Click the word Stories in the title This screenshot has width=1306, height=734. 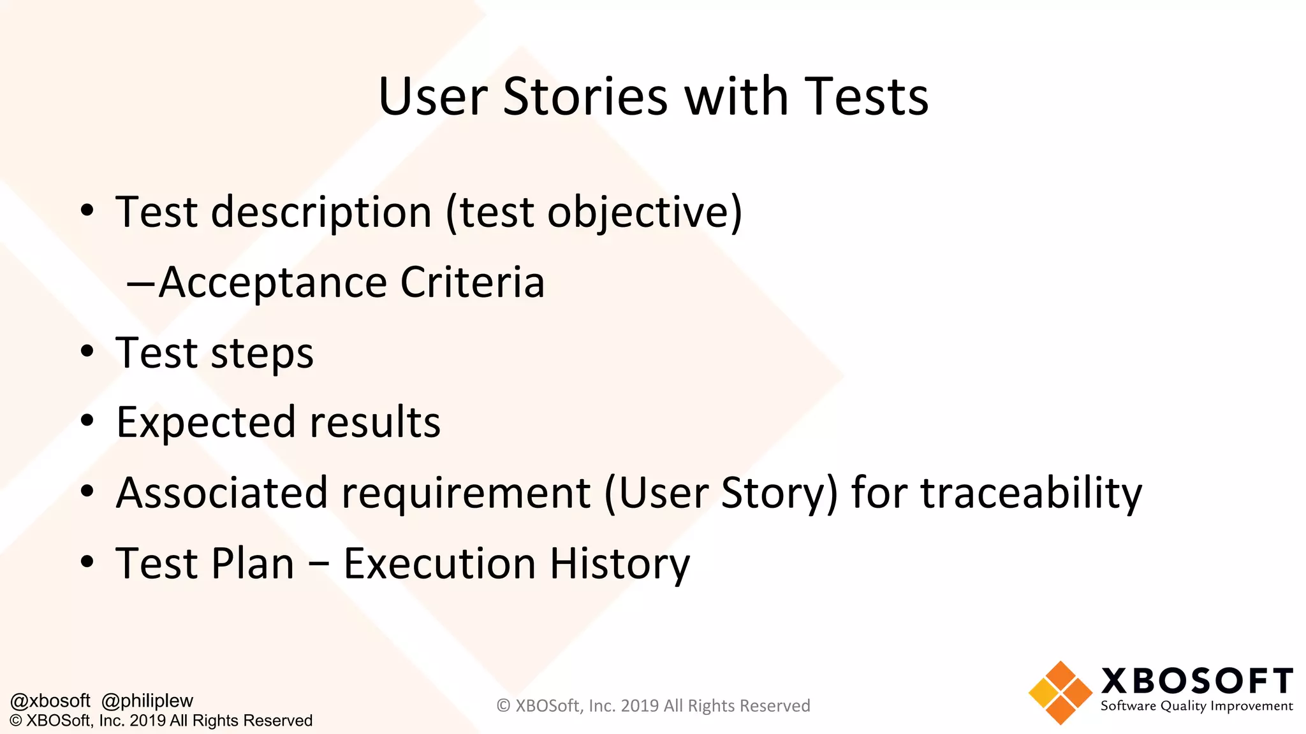585,97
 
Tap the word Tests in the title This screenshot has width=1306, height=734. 865,97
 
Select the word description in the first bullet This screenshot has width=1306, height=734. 321,212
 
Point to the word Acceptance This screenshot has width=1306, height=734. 272,282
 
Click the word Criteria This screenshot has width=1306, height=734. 472,282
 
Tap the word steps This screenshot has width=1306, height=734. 262,354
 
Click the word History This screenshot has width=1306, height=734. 619,565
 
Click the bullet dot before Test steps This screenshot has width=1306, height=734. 87,351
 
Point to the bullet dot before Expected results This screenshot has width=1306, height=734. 87,421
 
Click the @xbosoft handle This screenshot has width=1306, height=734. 50,701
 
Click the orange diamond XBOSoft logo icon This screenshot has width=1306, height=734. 1060,693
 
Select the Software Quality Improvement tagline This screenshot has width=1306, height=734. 1196,706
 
